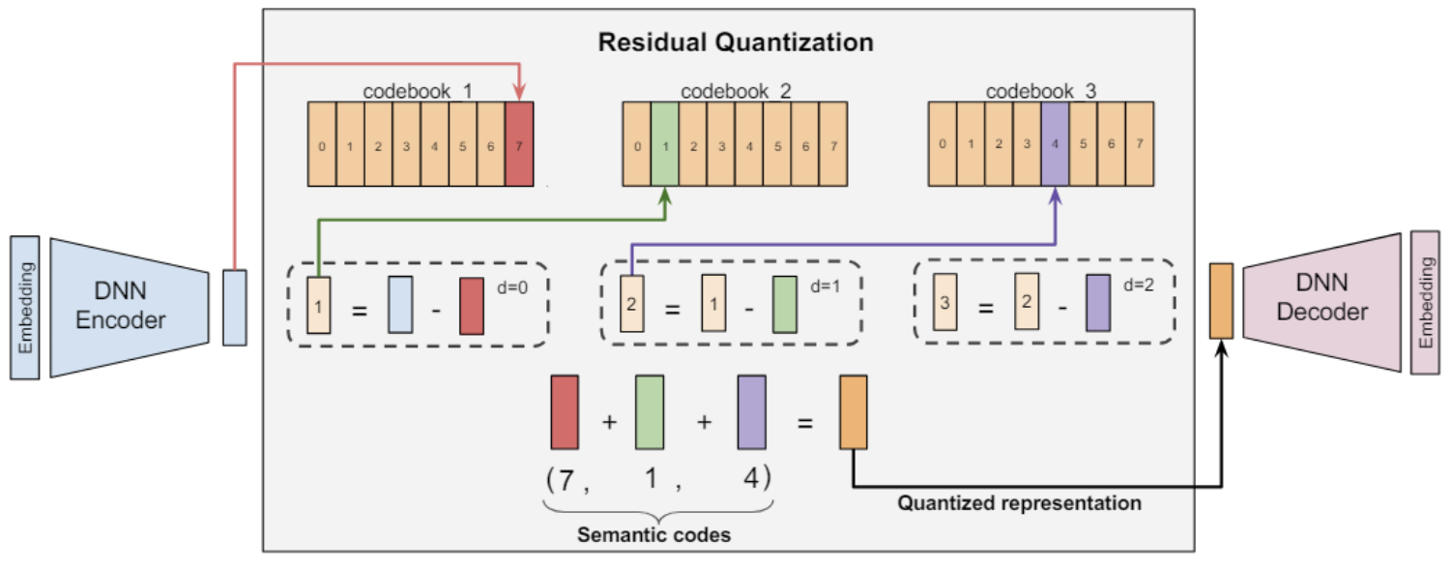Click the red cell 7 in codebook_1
(x=519, y=144)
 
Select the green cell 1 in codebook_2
(x=665, y=144)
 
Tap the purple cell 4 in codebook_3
(x=1056, y=144)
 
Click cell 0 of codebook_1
(x=322, y=144)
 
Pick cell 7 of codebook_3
(x=1140, y=144)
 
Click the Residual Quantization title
(x=736, y=43)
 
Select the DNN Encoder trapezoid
(x=130, y=308)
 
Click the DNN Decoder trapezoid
(x=1321, y=302)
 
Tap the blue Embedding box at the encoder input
(x=24, y=308)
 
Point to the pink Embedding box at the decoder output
(x=1426, y=302)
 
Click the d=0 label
(x=512, y=287)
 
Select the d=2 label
(x=1139, y=285)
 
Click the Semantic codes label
(x=654, y=534)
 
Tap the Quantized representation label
(x=1020, y=503)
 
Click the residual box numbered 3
(x=945, y=302)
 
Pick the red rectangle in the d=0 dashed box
(x=472, y=306)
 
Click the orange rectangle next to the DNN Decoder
(x=1221, y=300)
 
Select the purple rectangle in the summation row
(x=752, y=412)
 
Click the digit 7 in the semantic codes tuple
(x=566, y=480)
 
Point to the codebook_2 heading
(x=736, y=92)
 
